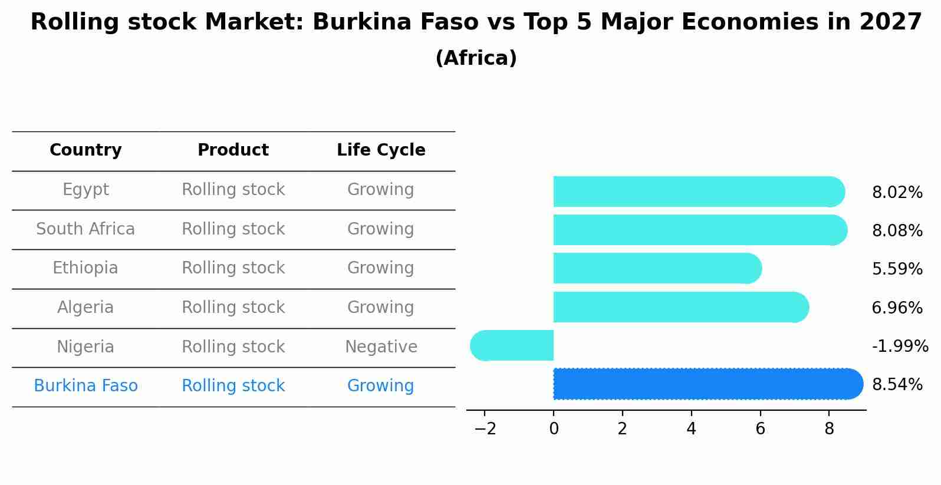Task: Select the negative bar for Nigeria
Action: coord(512,345)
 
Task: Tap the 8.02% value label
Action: coord(897,193)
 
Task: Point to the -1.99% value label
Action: coord(900,346)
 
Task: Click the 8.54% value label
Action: coord(897,385)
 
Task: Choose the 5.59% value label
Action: coord(897,269)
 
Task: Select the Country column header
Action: coord(85,150)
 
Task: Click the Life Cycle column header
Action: coord(381,150)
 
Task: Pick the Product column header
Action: coord(233,150)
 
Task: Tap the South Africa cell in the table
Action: coord(85,229)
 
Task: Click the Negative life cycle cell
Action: coord(381,347)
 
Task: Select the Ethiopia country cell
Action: coord(85,268)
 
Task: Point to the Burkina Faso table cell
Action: coord(85,386)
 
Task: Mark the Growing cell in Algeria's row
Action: coord(381,307)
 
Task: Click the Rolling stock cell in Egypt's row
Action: coord(233,190)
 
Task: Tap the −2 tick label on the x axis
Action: coord(485,429)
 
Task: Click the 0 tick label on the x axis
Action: coord(554,429)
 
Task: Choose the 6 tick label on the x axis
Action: coord(760,429)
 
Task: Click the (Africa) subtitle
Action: coord(476,58)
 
